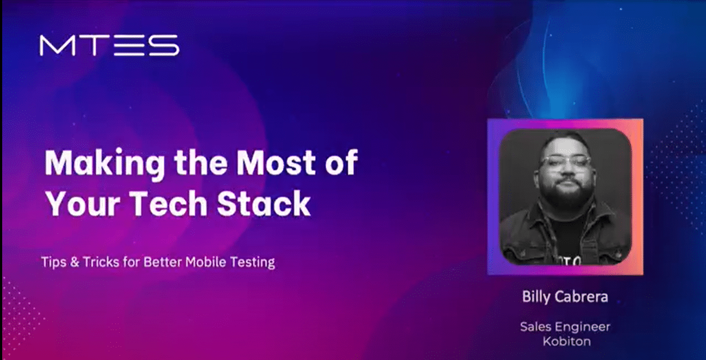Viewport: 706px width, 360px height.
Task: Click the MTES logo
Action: [109, 45]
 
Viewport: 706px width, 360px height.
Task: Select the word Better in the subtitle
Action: [163, 262]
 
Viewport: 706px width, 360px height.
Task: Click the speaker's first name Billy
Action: [536, 297]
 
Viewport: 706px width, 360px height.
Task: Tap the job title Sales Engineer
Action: [565, 327]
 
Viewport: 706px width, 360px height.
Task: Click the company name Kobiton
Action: [565, 341]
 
